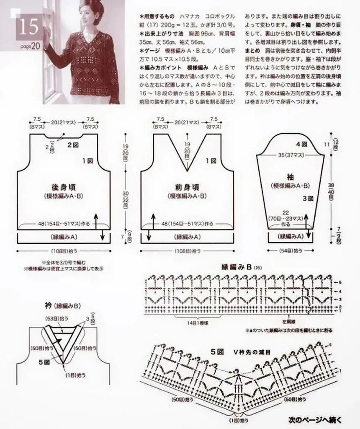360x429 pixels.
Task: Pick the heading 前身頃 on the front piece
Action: click(x=187, y=187)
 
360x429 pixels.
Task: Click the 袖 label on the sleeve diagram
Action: click(x=290, y=177)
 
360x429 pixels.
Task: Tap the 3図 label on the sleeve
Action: click(x=308, y=198)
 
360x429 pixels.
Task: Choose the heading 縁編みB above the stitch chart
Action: click(x=237, y=267)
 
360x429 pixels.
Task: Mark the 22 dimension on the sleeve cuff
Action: click(x=286, y=212)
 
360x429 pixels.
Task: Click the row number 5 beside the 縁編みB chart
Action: click(x=340, y=282)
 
